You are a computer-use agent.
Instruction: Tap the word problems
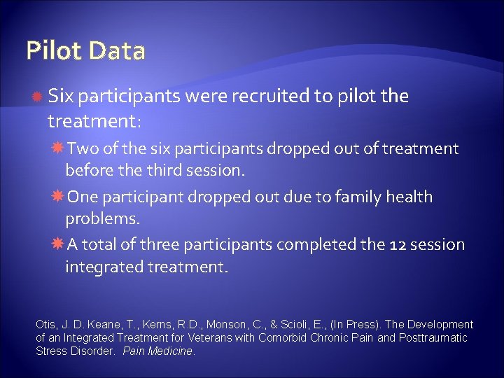(x=103, y=219)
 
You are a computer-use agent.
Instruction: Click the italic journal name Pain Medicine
(x=157, y=351)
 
